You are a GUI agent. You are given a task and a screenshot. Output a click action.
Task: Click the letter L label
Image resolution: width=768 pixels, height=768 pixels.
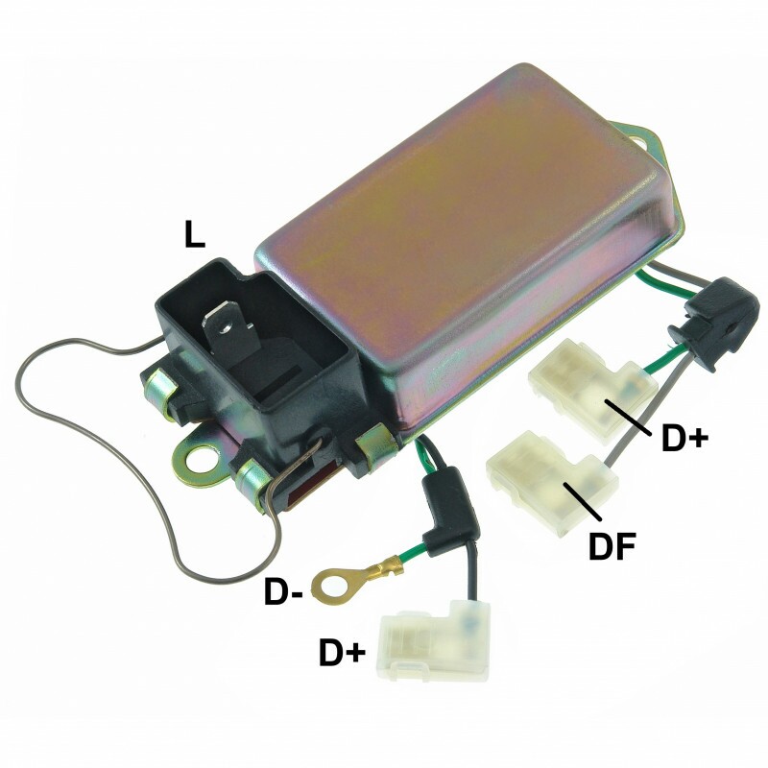194,234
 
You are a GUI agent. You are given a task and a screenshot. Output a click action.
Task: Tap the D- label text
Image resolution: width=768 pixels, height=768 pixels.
282,591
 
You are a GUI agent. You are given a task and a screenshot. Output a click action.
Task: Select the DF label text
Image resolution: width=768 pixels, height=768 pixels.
612,546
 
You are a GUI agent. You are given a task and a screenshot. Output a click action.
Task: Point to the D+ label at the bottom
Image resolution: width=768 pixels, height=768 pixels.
343,652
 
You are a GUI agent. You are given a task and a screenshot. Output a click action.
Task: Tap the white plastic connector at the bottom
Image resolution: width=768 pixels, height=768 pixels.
434,641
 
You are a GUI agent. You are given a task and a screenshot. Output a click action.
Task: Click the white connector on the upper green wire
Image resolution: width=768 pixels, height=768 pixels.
591,390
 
